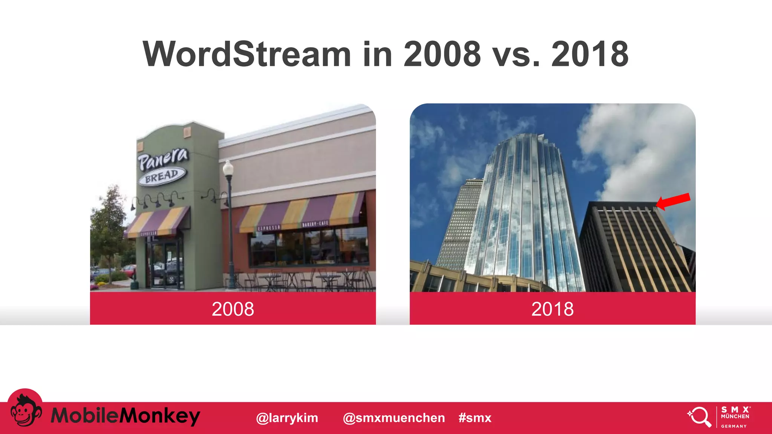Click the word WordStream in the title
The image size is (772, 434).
click(247, 54)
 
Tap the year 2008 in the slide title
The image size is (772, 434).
click(442, 54)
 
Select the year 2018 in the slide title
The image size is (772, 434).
click(590, 54)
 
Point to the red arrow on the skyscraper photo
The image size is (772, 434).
click(674, 201)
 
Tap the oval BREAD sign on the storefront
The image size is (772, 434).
click(162, 176)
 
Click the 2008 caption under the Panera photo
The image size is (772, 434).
click(233, 309)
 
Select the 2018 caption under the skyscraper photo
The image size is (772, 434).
click(552, 309)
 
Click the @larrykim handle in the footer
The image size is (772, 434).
click(287, 418)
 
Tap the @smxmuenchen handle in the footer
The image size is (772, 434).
click(394, 418)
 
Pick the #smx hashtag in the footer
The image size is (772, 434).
click(475, 418)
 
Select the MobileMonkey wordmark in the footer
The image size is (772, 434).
click(125, 416)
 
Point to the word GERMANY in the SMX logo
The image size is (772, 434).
click(734, 426)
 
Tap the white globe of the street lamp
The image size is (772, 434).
click(228, 168)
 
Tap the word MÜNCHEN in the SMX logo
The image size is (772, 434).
click(735, 416)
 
